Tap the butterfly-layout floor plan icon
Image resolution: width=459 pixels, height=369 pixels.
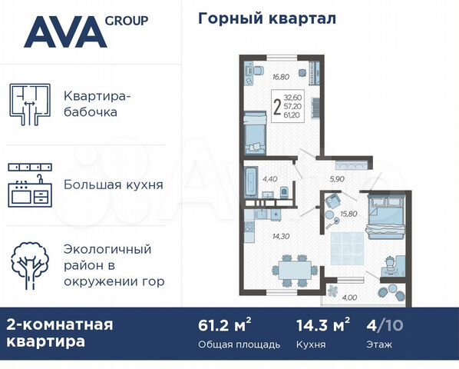click(28, 104)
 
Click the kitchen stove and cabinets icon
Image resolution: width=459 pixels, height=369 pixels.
click(29, 185)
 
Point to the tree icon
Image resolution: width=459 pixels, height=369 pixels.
click(29, 265)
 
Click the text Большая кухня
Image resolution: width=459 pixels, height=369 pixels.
click(113, 185)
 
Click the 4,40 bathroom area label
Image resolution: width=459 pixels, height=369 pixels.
click(269, 178)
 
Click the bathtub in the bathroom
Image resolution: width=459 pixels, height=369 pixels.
click(252, 182)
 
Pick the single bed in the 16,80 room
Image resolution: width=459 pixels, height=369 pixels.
click(254, 134)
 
